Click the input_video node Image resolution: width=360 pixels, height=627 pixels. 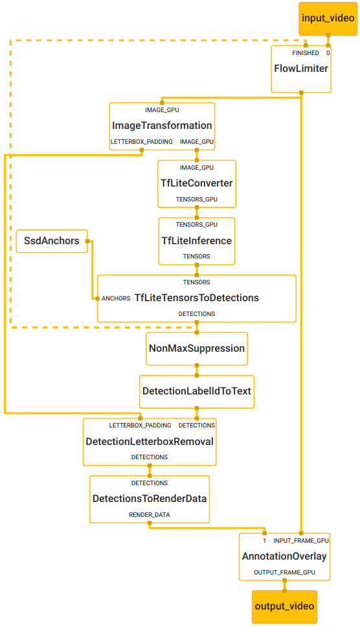click(328, 19)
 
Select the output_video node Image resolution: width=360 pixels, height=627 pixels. click(284, 606)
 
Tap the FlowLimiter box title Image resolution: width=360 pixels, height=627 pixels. click(301, 69)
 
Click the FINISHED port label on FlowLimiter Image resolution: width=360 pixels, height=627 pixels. click(305, 53)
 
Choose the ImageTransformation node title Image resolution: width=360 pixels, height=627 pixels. click(162, 125)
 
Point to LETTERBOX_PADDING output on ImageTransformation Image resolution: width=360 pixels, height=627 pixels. click(141, 141)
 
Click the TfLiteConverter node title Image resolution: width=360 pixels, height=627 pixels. click(196, 183)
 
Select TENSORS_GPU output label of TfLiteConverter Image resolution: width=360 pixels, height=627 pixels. click(196, 199)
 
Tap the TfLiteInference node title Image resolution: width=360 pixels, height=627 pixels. click(196, 241)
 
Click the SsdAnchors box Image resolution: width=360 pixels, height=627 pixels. click(52, 241)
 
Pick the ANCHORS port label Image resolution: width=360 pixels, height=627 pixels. click(116, 299)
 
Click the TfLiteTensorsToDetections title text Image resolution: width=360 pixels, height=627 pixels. click(196, 298)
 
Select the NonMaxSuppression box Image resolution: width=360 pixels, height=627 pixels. click(196, 348)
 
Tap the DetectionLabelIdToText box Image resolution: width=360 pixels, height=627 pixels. click(196, 391)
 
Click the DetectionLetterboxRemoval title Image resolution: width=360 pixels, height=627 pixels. click(150, 441)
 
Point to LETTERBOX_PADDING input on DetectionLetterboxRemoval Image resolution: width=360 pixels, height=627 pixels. click(140, 426)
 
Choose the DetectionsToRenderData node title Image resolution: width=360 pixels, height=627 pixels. click(150, 499)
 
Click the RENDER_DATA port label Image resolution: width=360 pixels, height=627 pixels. click(150, 515)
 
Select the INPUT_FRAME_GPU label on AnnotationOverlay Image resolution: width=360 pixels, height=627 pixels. click(301, 540)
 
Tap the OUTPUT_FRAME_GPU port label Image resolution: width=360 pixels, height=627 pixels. click(284, 573)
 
